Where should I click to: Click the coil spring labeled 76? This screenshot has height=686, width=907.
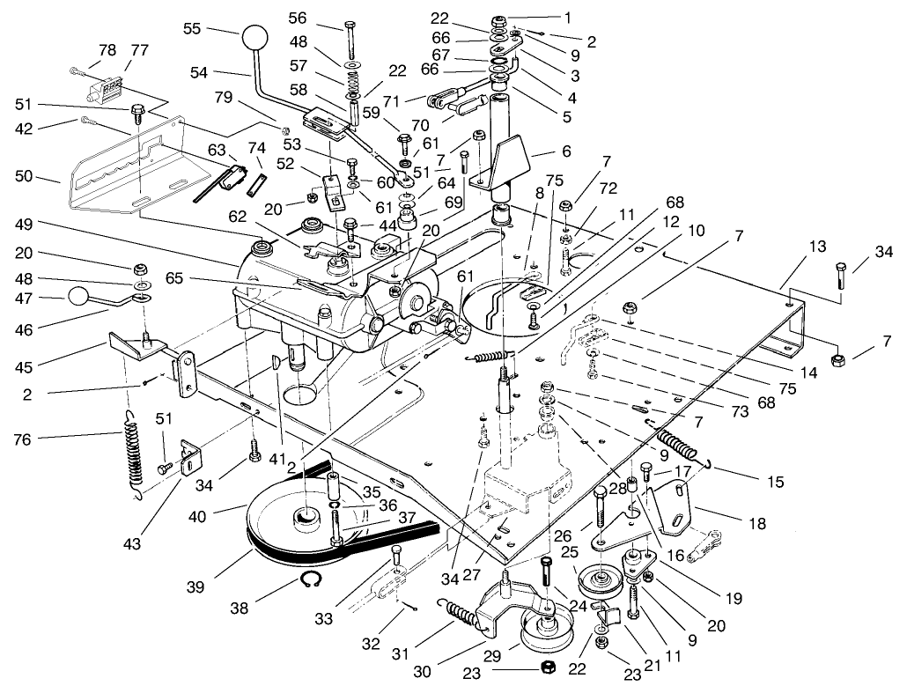131,448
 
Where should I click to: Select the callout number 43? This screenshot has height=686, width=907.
132,545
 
